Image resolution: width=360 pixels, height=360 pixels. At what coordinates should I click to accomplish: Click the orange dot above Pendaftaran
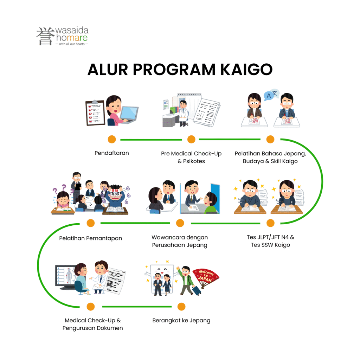point(112,139)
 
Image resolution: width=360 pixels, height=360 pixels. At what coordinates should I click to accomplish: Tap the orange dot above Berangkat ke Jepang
point(181,307)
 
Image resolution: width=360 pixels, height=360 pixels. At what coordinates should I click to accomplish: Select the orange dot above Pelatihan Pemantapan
point(91,223)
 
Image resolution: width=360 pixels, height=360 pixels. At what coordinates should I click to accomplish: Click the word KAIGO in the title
point(246,69)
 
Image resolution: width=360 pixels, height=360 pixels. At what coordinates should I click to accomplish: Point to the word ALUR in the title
point(108,69)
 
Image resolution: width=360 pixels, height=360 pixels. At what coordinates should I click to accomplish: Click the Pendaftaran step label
point(112,153)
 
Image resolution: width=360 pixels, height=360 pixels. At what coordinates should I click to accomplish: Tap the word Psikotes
point(194,161)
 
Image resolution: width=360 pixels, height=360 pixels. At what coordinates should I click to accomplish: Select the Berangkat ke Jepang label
point(181,321)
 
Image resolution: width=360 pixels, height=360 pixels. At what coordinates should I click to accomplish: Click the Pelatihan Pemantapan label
point(91,238)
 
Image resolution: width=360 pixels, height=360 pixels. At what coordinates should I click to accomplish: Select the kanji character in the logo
point(45,36)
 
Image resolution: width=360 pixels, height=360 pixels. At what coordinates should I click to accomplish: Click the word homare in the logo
point(72,38)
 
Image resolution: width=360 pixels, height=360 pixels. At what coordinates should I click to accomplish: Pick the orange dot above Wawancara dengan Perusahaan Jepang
point(180,223)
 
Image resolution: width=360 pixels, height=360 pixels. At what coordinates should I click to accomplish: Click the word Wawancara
point(168,237)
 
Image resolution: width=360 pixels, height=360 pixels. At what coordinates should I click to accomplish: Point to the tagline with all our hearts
point(72,44)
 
